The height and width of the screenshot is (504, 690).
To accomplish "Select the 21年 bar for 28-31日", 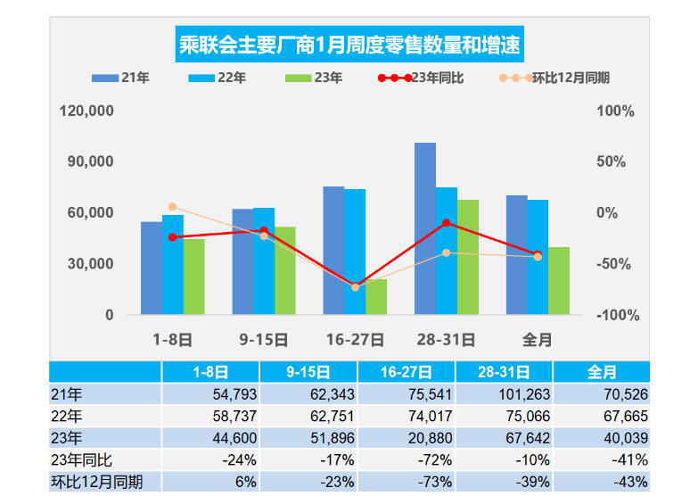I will (x=425, y=228).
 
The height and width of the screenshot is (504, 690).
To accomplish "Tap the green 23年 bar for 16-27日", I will (x=376, y=297).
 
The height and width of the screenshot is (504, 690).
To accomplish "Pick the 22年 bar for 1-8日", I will (x=173, y=265).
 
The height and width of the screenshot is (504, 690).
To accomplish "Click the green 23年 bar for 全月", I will (x=559, y=281).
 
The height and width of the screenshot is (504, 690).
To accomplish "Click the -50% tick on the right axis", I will (x=615, y=264).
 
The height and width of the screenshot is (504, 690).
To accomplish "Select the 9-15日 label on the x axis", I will (x=264, y=340).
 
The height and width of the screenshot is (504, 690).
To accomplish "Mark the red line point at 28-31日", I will (x=447, y=223).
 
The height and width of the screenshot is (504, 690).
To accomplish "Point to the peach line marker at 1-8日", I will (x=173, y=207).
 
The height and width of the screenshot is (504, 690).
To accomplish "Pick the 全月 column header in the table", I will (x=602, y=372).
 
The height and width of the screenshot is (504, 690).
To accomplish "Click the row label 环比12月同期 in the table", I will (x=97, y=482).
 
